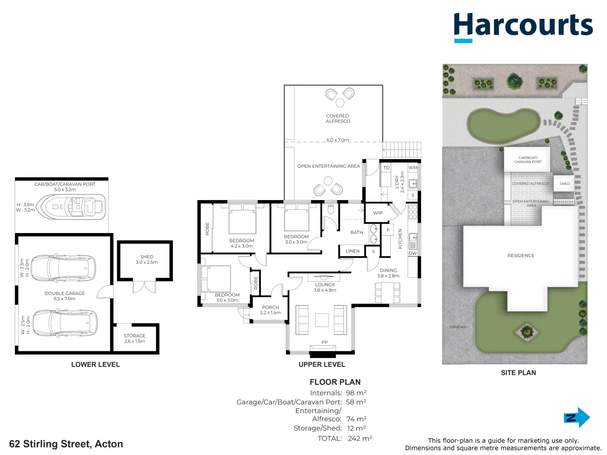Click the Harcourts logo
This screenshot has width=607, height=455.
coord(523,26)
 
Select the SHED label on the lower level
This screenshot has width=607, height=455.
coord(147,257)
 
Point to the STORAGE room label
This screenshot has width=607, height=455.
coord(134,336)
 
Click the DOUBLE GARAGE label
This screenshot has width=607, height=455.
coord(64,293)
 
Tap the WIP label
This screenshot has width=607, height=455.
coord(378,213)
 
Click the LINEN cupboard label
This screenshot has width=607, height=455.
coord(352,251)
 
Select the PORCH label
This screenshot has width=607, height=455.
coord(270,307)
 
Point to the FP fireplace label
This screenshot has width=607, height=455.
coord(325,342)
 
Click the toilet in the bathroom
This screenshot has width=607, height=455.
coord(330,209)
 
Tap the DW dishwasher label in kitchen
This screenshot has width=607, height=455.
coord(412,253)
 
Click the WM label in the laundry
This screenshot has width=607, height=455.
coord(413,168)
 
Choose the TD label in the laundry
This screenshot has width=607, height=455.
coord(387,168)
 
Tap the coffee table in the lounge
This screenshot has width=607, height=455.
coord(322,320)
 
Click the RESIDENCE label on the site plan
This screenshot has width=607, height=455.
coord(521,255)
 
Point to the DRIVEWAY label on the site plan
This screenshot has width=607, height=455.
coord(458,327)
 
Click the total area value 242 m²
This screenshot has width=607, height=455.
coord(360,439)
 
